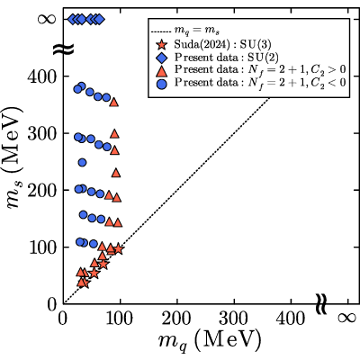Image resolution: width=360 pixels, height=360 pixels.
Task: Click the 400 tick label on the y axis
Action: (41, 77)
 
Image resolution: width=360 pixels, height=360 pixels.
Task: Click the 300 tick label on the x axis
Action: (233, 319)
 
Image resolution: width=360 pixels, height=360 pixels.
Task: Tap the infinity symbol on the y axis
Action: (47, 20)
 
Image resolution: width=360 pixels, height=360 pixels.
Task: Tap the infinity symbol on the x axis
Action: (346, 318)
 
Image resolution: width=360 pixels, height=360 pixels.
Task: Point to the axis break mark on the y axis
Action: (63, 49)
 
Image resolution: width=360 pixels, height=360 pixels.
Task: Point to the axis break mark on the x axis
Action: (321, 304)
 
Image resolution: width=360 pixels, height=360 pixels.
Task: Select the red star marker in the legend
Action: (162, 45)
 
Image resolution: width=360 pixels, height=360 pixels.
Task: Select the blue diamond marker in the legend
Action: (162, 58)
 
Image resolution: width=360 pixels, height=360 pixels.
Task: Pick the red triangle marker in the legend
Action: (162, 70)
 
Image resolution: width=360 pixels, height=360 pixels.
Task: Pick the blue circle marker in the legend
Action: (162, 84)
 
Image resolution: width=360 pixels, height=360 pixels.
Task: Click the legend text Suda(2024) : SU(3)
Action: (223, 45)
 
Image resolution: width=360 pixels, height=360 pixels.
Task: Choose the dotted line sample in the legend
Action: (161, 31)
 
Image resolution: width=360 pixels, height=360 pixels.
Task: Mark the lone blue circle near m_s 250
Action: (82, 163)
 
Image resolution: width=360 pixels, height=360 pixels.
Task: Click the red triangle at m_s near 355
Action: (114, 103)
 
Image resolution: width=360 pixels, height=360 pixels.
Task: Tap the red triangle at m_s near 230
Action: (116, 173)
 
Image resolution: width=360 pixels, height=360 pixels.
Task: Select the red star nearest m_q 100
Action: (119, 248)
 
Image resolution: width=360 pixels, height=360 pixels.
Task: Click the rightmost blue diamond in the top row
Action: (100, 20)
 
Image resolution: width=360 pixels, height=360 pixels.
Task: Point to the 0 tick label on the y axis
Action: (52, 305)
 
